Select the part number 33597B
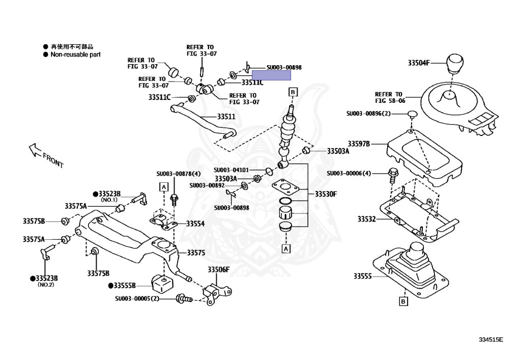pyautogui.click(x=359, y=144)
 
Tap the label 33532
pyautogui.click(x=366, y=219)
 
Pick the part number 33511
pyautogui.click(x=226, y=117)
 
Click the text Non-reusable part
pyautogui.click(x=75, y=54)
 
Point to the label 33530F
pyautogui.click(x=326, y=194)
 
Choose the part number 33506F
pyautogui.click(x=218, y=269)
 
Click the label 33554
pyautogui.click(x=195, y=224)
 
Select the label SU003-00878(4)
pyautogui.click(x=179, y=174)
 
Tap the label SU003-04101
pyautogui.click(x=231, y=170)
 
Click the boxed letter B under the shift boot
pyautogui.click(x=403, y=301)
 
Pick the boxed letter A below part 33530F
pyautogui.click(x=286, y=249)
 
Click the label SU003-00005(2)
pyautogui.click(x=137, y=298)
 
